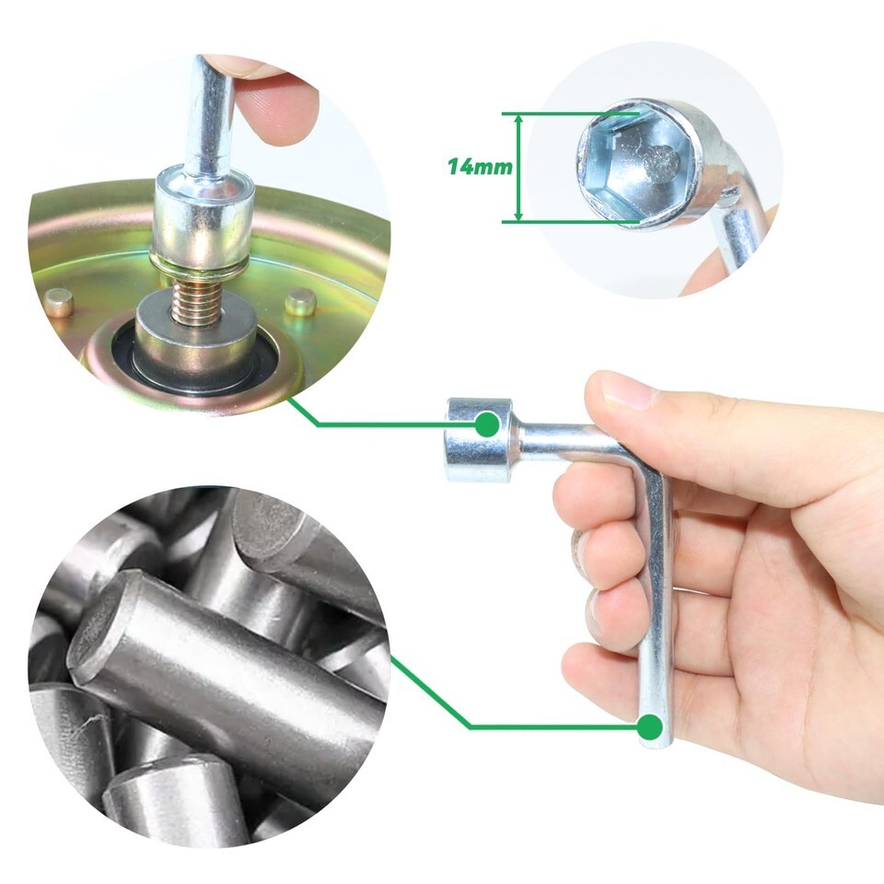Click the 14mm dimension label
(480, 167)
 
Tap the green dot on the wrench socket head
(486, 424)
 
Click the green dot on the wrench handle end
(650, 727)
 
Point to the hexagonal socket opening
(639, 165)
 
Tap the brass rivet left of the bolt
(59, 303)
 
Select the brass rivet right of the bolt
(300, 302)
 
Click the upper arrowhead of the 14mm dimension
(519, 120)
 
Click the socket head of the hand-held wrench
(479, 440)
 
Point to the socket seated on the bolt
(202, 217)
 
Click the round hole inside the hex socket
(661, 165)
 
